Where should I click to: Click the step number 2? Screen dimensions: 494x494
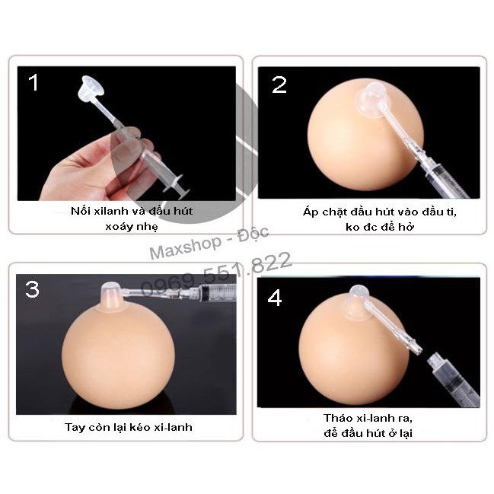(x=279, y=84)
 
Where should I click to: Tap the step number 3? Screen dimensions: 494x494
(x=33, y=289)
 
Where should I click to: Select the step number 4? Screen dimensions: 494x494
(x=275, y=298)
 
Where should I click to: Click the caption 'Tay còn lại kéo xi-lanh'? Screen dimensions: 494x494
(x=128, y=427)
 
